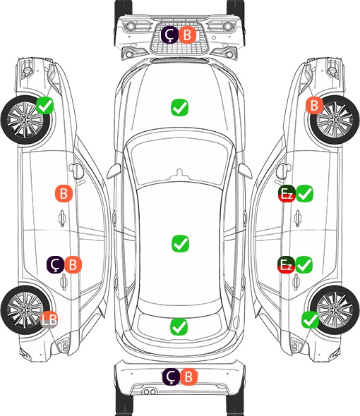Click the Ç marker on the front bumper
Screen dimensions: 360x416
[x=169, y=35]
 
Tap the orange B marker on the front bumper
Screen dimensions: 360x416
[x=187, y=35]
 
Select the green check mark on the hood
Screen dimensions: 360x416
[x=179, y=107]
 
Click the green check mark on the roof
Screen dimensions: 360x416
[x=181, y=243]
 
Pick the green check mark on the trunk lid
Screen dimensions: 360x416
[x=179, y=326]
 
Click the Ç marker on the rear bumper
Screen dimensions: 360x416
[x=171, y=377]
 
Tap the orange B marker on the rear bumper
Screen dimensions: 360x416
[x=188, y=377]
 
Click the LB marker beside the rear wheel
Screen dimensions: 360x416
[x=49, y=319]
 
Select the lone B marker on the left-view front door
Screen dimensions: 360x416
[x=64, y=193]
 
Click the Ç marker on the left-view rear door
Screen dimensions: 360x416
[x=55, y=265]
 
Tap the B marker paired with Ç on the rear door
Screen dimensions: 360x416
[x=73, y=265]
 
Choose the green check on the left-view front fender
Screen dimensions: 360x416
[x=45, y=106]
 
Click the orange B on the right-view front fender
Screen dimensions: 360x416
[x=315, y=105]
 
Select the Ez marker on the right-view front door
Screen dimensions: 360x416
[x=287, y=194]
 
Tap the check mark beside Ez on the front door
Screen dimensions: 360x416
[x=304, y=194]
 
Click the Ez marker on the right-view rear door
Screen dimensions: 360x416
[x=286, y=265]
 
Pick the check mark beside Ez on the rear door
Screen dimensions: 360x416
[x=304, y=265]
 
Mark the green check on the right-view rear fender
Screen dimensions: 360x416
[x=310, y=320]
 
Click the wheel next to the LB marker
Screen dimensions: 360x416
[x=24, y=310]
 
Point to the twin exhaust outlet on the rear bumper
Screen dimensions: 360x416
[x=149, y=391]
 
